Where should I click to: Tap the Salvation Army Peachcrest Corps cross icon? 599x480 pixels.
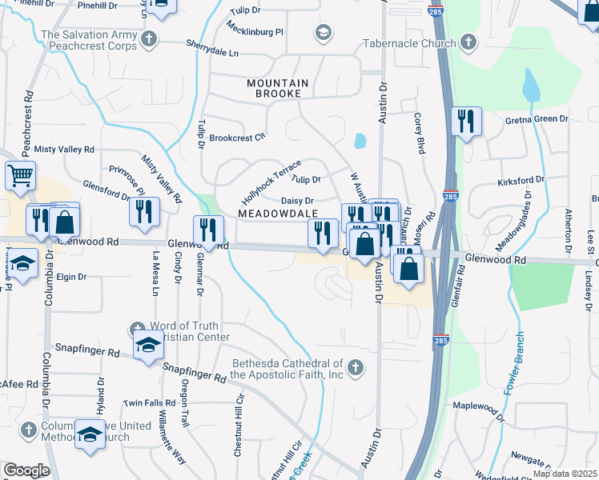[148, 39]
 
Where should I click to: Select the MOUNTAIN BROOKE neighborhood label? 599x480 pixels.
[278, 88]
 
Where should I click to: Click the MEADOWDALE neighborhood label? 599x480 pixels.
[278, 213]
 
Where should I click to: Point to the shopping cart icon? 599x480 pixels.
[20, 174]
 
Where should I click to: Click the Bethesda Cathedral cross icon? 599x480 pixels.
[356, 368]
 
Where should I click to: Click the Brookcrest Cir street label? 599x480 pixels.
[237, 138]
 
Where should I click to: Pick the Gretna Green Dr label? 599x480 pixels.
[536, 119]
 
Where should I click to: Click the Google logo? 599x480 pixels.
[26, 470]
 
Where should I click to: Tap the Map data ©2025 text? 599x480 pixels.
[564, 474]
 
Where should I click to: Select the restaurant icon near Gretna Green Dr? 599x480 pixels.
[465, 122]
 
